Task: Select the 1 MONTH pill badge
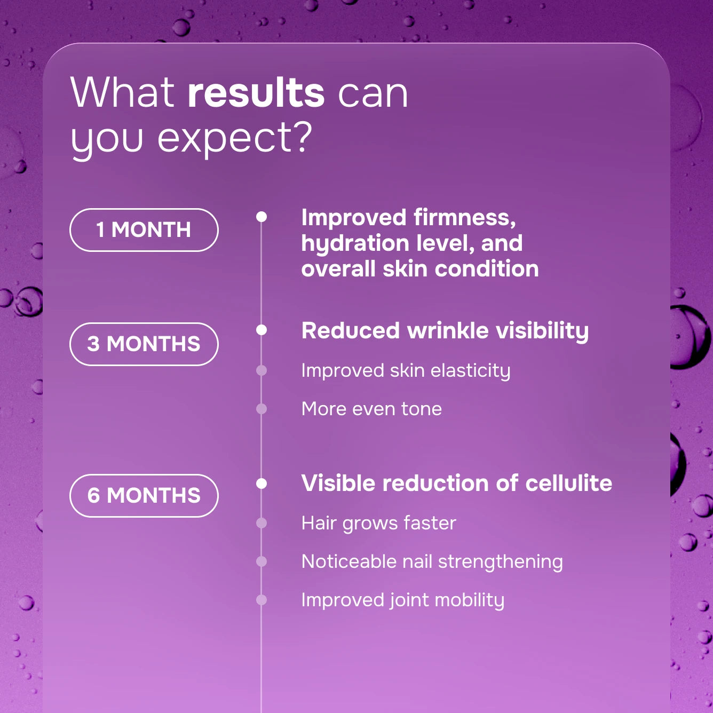click(144, 230)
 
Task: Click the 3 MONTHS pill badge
click(144, 344)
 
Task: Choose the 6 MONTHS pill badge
click(144, 495)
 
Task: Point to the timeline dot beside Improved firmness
click(261, 217)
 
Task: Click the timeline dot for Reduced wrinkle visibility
click(261, 330)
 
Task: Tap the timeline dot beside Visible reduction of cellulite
click(261, 483)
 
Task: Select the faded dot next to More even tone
click(261, 409)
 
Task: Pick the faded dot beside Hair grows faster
click(261, 523)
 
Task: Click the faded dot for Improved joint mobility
click(261, 600)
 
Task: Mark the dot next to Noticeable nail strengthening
click(261, 561)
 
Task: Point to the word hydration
click(355, 244)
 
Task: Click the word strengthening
click(500, 562)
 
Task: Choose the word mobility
click(470, 600)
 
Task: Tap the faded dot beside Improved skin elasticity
click(261, 370)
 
